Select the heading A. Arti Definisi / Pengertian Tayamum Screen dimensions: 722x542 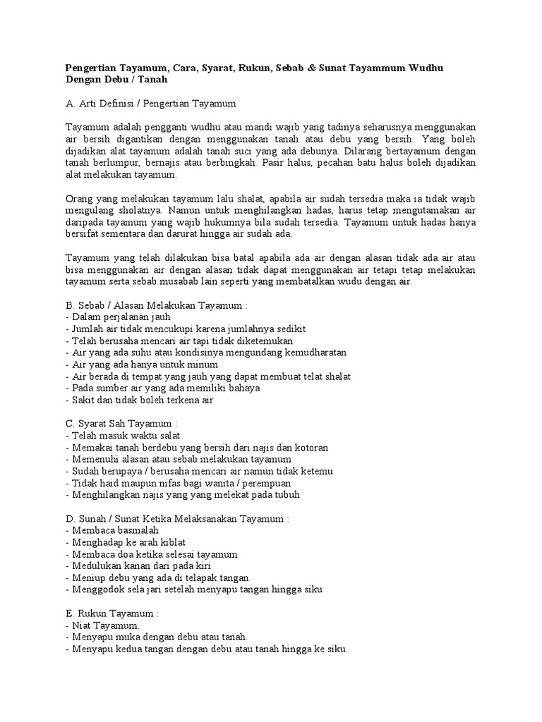[x=150, y=104]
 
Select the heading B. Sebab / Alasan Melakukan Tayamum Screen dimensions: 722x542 [x=156, y=306]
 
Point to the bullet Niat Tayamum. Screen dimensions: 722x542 [x=103, y=625]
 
